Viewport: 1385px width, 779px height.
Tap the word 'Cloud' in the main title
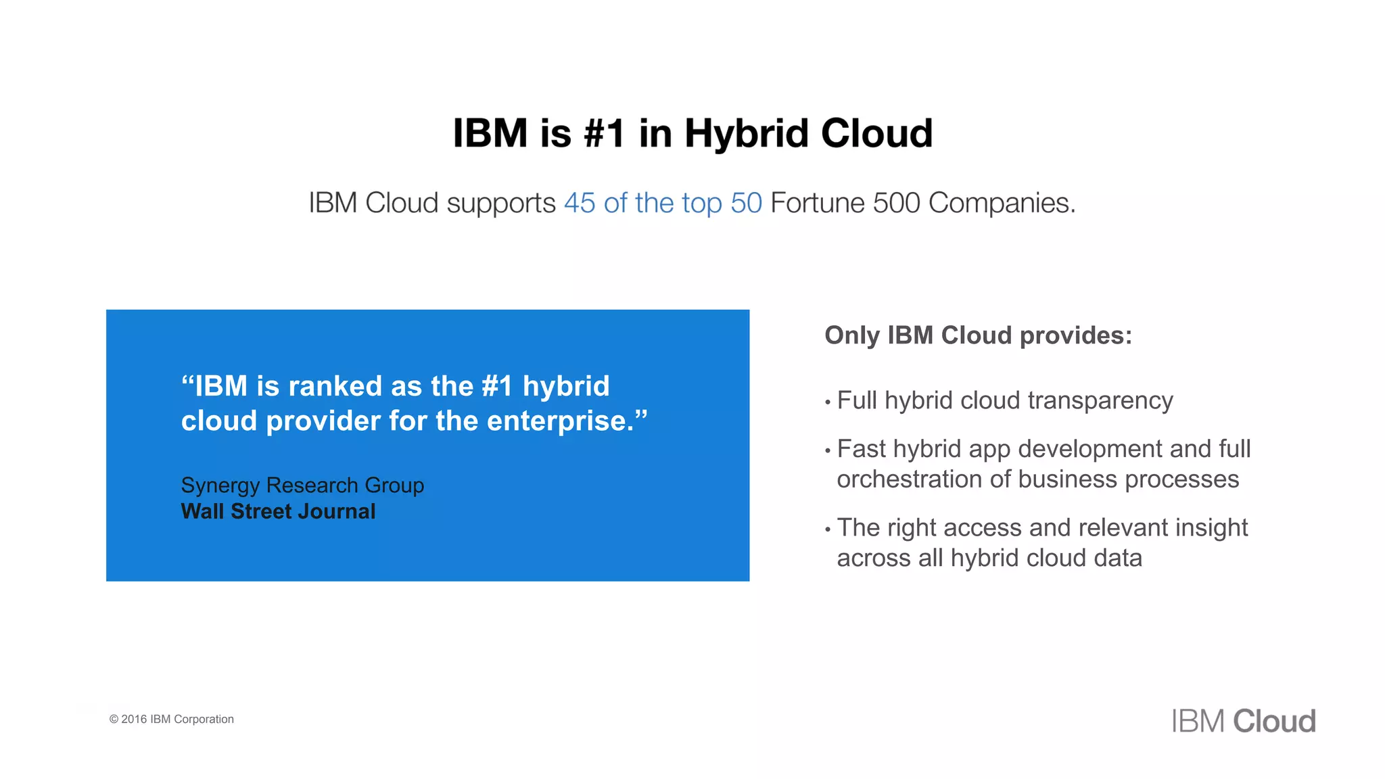(876, 133)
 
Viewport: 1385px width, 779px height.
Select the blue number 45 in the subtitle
(580, 203)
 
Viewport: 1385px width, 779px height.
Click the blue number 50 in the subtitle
(746, 203)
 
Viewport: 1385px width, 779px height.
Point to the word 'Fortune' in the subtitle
(817, 203)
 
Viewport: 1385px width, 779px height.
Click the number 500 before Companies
(896, 203)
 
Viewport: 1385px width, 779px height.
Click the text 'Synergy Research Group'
(302, 486)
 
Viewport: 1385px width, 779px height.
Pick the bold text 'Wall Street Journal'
(278, 511)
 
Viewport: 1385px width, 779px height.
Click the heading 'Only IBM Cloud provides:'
(978, 335)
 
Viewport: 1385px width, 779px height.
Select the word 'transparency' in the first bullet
(1100, 401)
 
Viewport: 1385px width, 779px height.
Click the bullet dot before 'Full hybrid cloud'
(828, 402)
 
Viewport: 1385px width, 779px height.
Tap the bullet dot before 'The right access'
(828, 529)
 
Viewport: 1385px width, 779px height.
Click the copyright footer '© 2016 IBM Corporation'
(172, 719)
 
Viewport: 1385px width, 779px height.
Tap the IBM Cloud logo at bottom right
(1243, 721)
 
